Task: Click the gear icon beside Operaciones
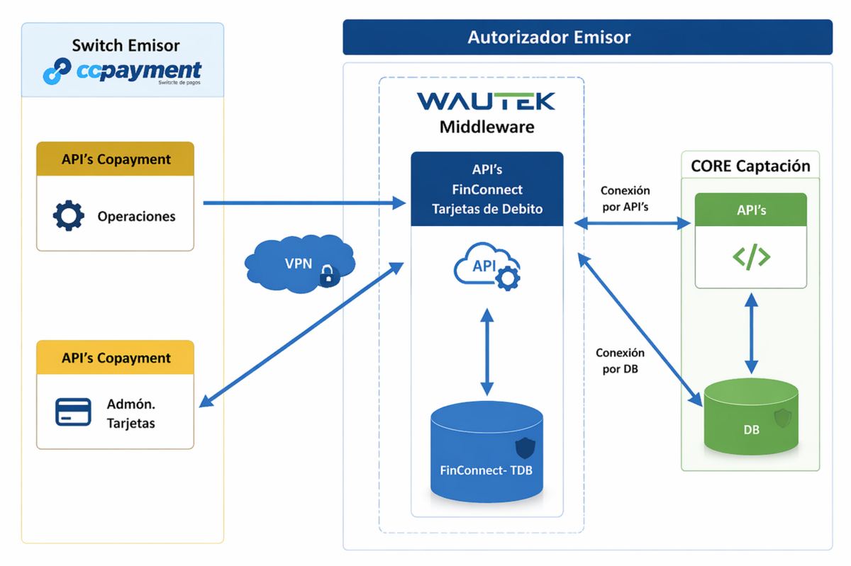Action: [69, 215]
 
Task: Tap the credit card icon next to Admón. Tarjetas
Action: [73, 412]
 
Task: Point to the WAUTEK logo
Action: [486, 101]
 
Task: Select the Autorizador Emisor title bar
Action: [587, 37]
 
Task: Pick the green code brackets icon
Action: [751, 256]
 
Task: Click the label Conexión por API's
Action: [625, 199]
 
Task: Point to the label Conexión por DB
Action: [620, 360]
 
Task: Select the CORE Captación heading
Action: [750, 166]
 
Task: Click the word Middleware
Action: [486, 128]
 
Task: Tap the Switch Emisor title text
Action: [126, 45]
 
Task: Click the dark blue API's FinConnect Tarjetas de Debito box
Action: [487, 189]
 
